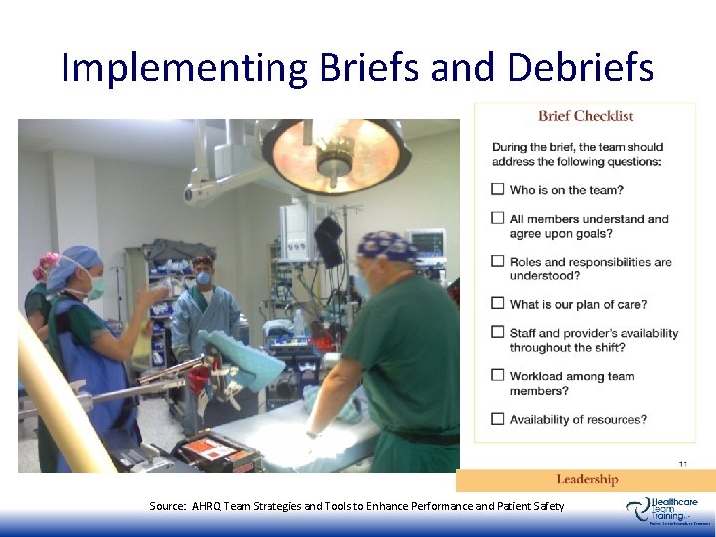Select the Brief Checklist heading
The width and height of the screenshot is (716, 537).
point(586,116)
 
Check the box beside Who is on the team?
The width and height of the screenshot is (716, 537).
point(498,190)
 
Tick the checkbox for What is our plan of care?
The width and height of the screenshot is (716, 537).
point(498,304)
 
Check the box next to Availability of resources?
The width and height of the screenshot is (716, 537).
point(498,419)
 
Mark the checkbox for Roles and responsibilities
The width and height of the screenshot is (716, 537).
point(498,262)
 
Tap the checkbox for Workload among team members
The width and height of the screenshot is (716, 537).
point(498,376)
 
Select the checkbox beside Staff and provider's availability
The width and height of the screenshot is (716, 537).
point(498,333)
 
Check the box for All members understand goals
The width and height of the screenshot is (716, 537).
point(498,219)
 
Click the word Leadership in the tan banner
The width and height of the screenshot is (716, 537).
point(587,480)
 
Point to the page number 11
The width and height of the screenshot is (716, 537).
point(682,463)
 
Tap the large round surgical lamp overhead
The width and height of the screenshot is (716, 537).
point(335,154)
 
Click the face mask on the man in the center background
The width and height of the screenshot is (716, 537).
point(203,278)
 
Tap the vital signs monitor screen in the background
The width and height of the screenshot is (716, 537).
point(427,242)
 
